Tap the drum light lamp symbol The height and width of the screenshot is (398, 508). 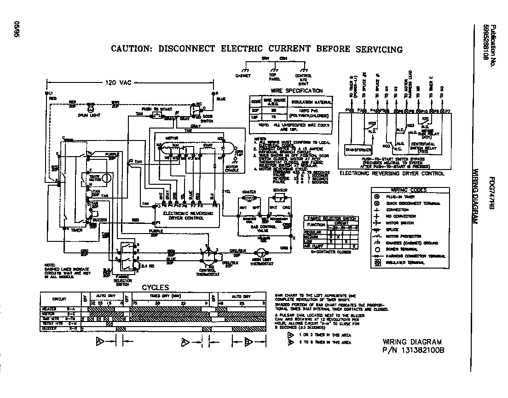(x=91, y=109)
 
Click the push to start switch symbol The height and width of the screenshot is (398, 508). (x=157, y=114)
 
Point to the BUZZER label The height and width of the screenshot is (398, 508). (x=100, y=220)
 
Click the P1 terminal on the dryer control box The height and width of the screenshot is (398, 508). (x=157, y=222)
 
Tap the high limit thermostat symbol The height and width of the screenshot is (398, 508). (x=260, y=253)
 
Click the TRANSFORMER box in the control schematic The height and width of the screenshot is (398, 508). (x=359, y=150)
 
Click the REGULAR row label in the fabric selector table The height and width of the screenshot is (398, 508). (x=314, y=233)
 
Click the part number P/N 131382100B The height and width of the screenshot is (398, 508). (x=414, y=351)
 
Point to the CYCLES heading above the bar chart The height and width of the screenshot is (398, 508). (x=155, y=287)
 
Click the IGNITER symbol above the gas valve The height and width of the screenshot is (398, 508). (x=248, y=199)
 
